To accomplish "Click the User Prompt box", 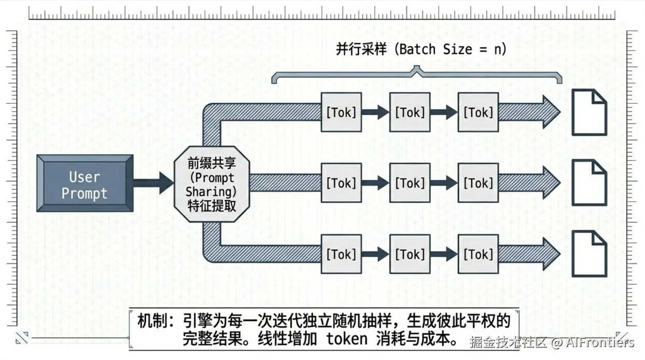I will [x=85, y=184].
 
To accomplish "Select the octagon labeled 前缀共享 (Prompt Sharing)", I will [x=211, y=184].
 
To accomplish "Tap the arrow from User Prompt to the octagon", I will [x=153, y=183].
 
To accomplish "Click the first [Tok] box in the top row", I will [x=341, y=112].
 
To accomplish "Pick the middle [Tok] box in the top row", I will [x=410, y=112].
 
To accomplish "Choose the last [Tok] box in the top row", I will [x=478, y=112].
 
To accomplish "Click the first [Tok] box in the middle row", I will [x=341, y=183].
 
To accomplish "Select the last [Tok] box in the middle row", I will [x=478, y=183].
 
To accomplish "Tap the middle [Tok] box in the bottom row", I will [x=410, y=254].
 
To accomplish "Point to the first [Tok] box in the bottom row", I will [x=341, y=254].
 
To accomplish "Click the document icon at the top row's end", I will [x=589, y=112].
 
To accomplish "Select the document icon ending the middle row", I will [x=589, y=183].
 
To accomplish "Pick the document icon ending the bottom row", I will [x=589, y=254].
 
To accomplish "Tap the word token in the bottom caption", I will [x=347, y=339].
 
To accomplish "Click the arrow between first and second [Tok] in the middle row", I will [x=375, y=183].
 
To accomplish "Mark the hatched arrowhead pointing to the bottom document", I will [x=550, y=254].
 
